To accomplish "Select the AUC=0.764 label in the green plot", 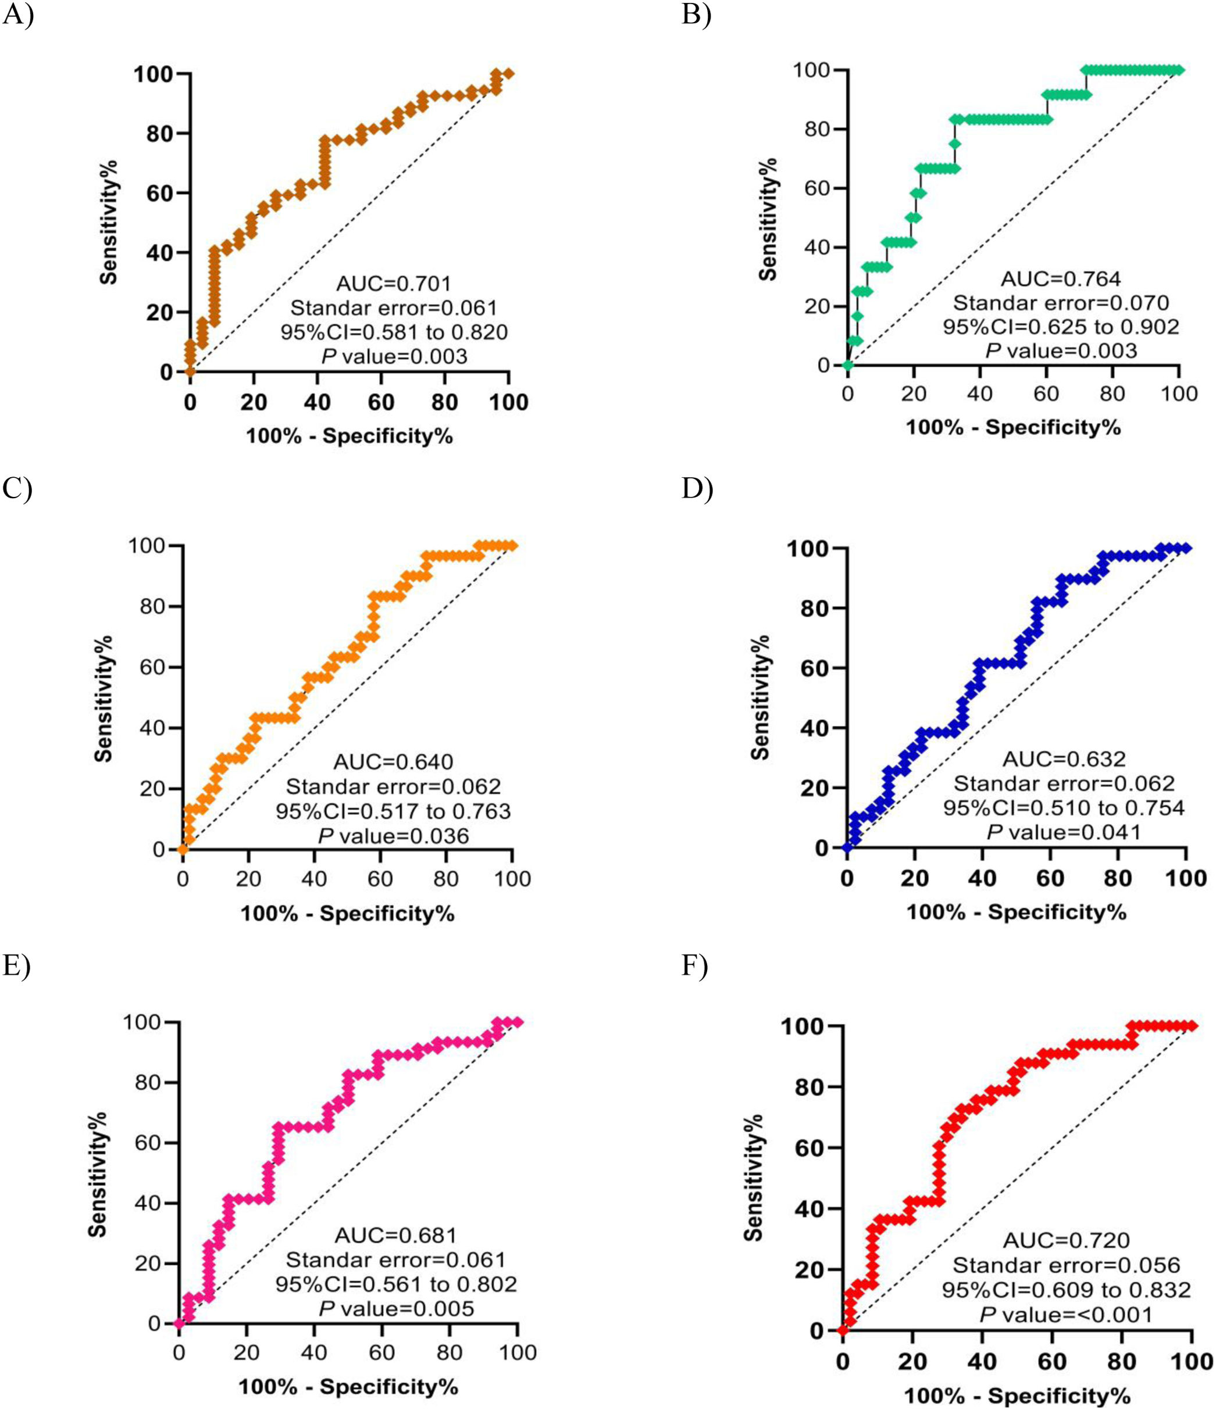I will click(1060, 278).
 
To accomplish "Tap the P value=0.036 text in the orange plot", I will click(394, 836).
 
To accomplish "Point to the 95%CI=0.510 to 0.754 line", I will click(1064, 808).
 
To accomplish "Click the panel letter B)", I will click(696, 15).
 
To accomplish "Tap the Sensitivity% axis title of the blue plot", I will click(760, 697).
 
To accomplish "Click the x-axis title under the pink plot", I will click(348, 1386).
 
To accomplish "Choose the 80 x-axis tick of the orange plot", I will click(446, 879).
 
